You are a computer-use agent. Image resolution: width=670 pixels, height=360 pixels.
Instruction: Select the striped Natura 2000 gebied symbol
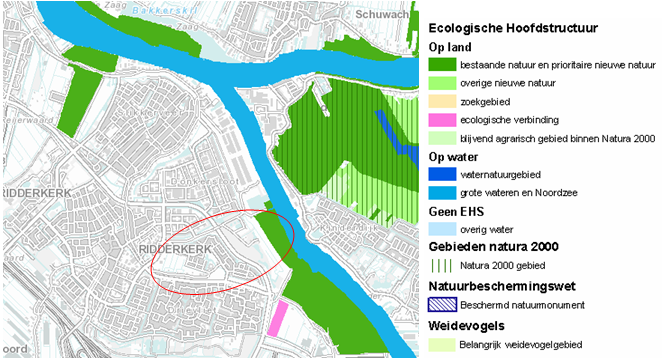pyautogui.click(x=441, y=266)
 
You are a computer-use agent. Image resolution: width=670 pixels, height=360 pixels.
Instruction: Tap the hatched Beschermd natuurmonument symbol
pyautogui.click(x=441, y=304)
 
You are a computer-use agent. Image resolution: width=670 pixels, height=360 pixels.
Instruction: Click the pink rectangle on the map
pyautogui.click(x=276, y=318)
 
